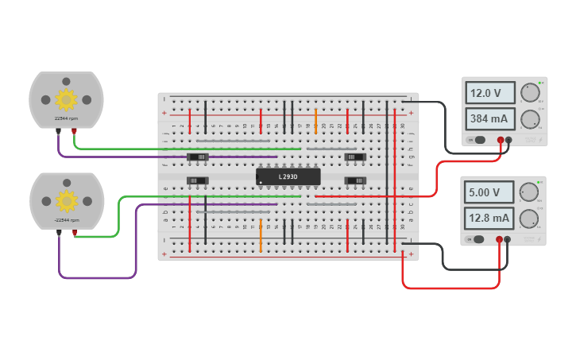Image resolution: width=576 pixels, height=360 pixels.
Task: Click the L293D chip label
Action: coord(288,176)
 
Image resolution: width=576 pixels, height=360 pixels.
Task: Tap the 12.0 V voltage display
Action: coord(486,93)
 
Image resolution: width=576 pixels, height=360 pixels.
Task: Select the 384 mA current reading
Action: coord(486,119)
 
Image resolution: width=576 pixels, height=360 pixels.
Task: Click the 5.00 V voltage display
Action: coord(486,192)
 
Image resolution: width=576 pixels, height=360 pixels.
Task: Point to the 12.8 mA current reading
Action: coord(486,218)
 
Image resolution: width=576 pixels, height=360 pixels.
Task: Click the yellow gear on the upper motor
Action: coord(66,99)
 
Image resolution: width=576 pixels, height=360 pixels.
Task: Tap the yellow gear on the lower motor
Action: coord(66,199)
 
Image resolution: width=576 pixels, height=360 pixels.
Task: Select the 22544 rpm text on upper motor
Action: coord(66,118)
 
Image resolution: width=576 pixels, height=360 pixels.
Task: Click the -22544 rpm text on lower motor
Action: coord(66,219)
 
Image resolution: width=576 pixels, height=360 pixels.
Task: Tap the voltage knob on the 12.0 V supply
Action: coord(529,94)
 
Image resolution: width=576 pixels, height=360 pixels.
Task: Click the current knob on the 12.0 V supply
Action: coord(529,119)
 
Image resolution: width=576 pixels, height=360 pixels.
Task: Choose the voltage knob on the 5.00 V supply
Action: coord(529,192)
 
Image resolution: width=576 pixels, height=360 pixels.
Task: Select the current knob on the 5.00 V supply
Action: coord(529,218)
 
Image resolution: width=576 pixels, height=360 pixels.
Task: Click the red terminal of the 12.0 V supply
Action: coord(501,140)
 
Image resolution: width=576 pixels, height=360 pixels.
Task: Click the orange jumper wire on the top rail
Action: coord(315,121)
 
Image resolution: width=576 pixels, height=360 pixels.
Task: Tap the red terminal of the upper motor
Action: coord(74,131)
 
